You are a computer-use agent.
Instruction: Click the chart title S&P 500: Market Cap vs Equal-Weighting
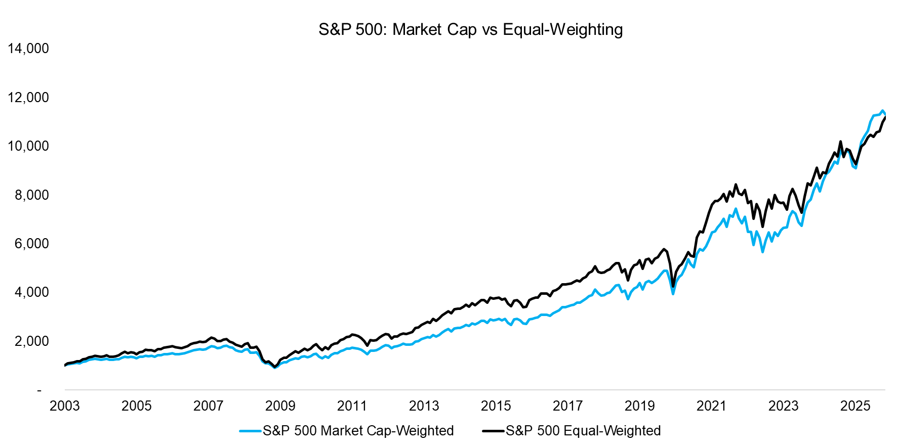(470, 29)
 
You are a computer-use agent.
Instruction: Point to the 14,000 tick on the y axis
(28, 49)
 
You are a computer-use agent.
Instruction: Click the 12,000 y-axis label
(28, 97)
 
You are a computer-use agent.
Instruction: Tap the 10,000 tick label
(28, 146)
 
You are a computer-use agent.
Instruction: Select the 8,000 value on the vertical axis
(32, 195)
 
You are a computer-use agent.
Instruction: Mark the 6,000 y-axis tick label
(32, 244)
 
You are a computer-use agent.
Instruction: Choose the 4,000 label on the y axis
(32, 292)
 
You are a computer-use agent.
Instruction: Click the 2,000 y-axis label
(32, 341)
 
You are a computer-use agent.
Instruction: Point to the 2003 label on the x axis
(65, 406)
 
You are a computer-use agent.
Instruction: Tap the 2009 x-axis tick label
(280, 406)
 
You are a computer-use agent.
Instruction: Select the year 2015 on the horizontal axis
(496, 406)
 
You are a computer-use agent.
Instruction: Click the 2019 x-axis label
(640, 406)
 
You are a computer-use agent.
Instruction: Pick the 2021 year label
(712, 406)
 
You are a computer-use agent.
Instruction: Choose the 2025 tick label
(855, 406)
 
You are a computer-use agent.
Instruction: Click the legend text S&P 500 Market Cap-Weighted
(358, 431)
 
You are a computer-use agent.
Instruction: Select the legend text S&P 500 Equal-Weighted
(583, 431)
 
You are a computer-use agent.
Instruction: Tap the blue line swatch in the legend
(251, 431)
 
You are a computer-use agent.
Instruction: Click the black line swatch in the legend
(494, 431)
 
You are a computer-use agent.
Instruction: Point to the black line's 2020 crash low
(673, 287)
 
